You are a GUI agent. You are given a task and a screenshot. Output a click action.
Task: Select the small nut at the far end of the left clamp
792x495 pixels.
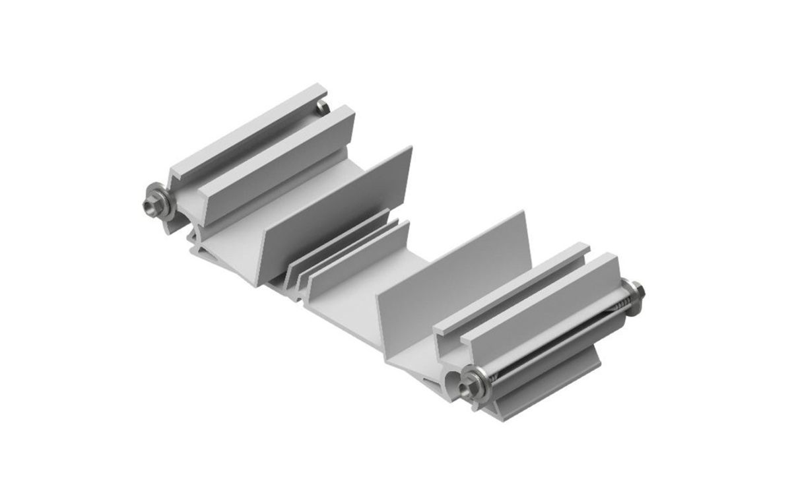pyautogui.click(x=321, y=107)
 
